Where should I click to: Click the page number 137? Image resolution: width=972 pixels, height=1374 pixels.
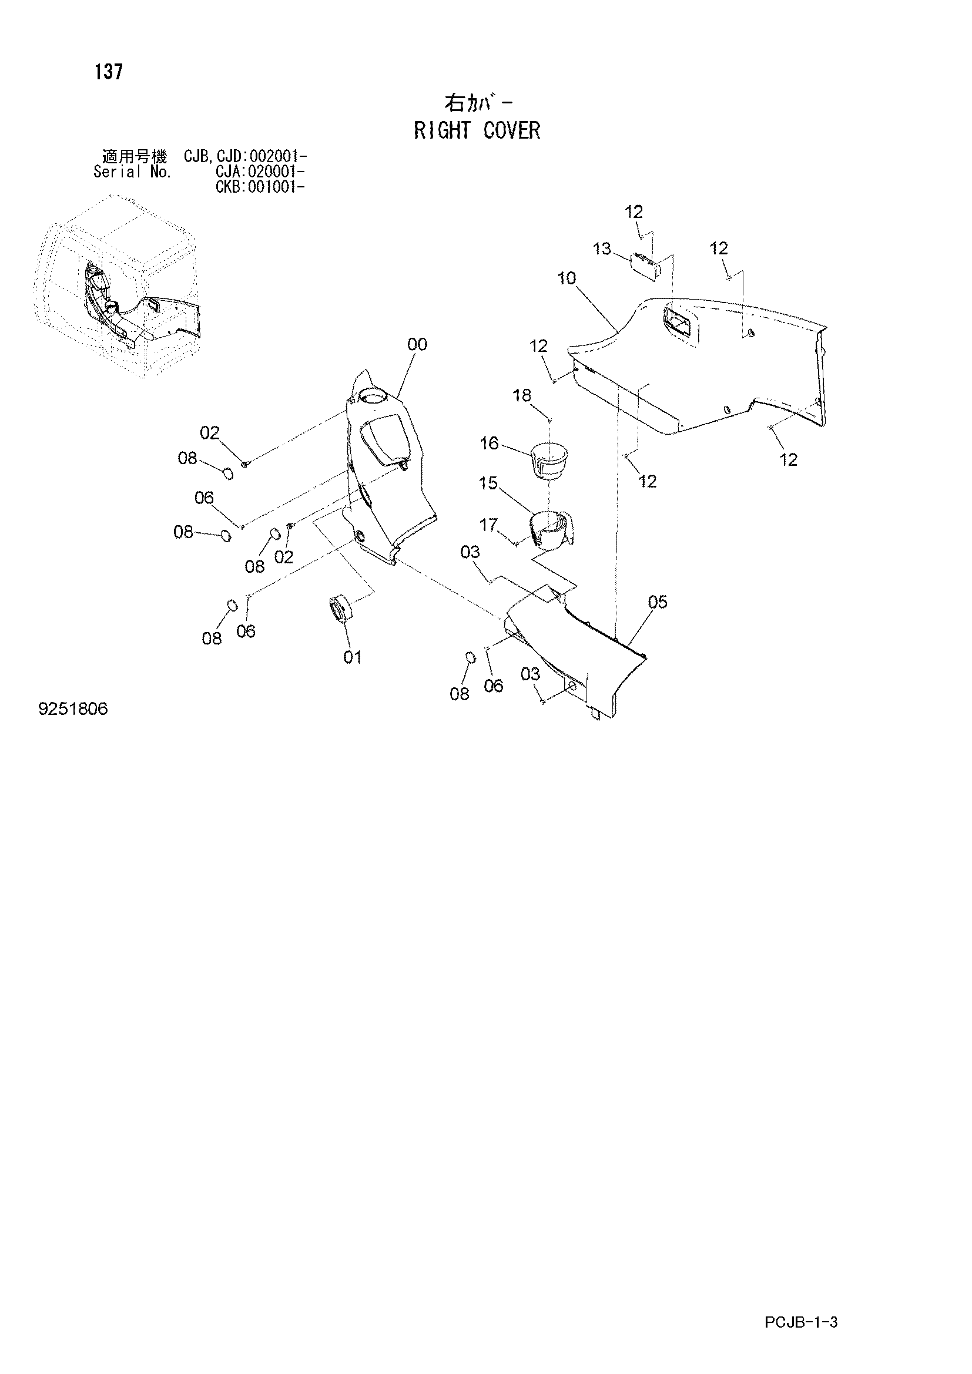(108, 72)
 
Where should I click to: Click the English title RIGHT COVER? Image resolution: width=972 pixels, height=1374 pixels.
(477, 130)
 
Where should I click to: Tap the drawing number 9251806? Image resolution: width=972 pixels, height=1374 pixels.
(73, 709)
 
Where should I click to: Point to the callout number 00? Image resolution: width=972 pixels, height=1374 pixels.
(417, 344)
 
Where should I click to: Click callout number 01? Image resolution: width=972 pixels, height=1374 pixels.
(353, 657)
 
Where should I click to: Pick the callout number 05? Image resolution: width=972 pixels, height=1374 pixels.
(657, 602)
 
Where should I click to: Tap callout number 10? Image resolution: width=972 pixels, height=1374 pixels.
(566, 278)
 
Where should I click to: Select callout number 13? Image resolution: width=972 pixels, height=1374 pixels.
(602, 248)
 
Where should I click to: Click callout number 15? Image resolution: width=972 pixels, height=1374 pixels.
(488, 483)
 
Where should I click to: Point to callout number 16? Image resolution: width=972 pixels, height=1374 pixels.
(490, 443)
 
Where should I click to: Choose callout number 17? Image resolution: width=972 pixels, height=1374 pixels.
(488, 525)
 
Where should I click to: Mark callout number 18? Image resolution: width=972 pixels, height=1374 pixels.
(522, 395)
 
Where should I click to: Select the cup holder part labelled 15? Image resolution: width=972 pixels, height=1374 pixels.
(552, 529)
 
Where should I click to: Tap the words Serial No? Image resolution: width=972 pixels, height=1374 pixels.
(132, 172)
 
